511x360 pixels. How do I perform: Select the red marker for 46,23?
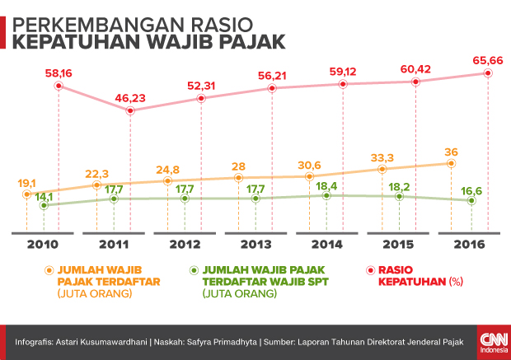130,110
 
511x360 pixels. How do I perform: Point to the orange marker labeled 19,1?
26,194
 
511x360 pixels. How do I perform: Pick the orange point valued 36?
452,163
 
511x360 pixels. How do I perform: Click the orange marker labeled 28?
239,177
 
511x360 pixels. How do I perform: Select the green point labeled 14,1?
43,206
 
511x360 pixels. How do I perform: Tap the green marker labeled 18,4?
327,195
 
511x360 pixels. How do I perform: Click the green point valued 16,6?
471,200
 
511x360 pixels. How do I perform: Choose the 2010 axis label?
42,245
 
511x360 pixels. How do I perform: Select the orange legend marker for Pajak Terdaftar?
49,269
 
